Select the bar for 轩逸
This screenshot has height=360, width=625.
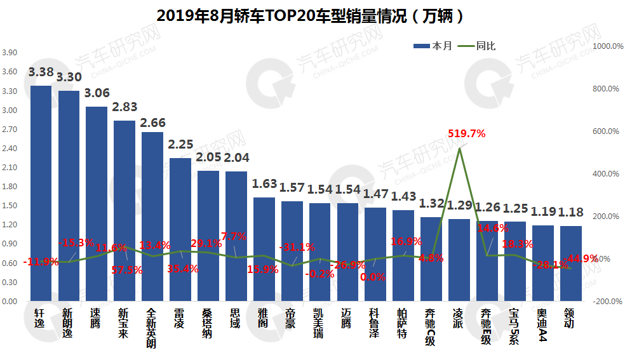41,190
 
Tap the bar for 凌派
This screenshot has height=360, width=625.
459,260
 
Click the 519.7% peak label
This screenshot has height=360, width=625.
466,133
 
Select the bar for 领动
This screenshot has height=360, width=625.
570,263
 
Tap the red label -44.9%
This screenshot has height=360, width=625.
582,258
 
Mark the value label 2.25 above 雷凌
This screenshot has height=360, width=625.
180,145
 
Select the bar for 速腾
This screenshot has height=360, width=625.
97,203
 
